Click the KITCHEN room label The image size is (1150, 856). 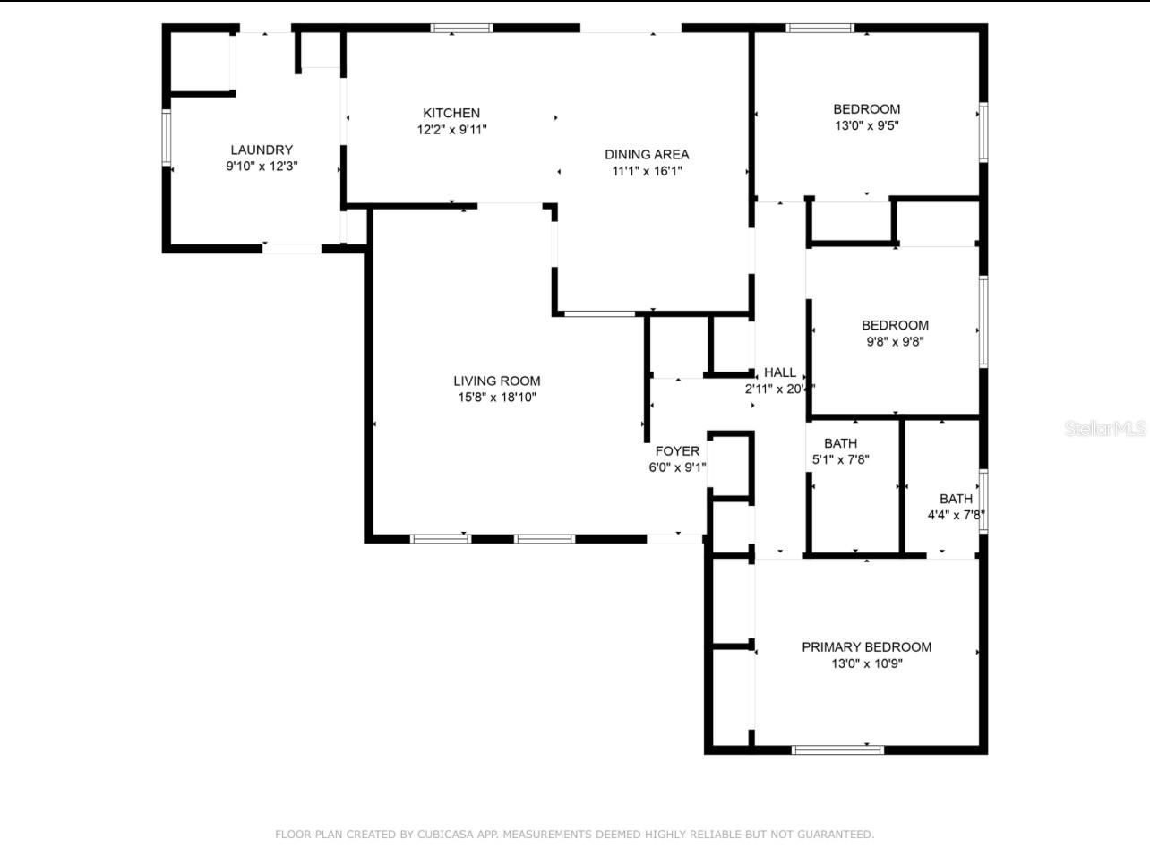451,113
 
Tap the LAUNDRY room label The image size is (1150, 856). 262,150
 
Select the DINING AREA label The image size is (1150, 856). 647,154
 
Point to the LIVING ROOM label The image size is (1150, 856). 496,381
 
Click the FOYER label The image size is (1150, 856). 677,451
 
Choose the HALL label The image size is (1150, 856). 779,372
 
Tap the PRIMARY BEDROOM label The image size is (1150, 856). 866,646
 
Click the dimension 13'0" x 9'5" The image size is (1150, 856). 866,126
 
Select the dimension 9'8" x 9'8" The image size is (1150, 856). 895,341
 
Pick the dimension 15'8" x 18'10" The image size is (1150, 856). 496,397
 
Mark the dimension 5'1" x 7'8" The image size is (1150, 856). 840,459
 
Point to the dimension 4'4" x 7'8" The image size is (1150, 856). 956,515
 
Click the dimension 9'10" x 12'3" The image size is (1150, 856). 262,166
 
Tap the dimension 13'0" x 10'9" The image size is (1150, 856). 866,663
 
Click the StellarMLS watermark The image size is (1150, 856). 1105,429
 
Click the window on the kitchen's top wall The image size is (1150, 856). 462,28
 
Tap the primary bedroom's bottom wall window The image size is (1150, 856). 837,749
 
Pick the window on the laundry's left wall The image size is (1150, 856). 166,137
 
